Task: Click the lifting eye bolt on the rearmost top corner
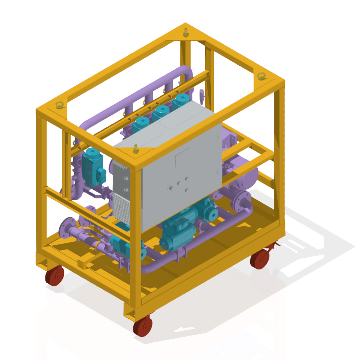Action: (186, 32)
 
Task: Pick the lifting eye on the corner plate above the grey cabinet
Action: (136, 149)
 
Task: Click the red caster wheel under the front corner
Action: (143, 325)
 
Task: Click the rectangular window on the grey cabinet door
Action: (183, 157)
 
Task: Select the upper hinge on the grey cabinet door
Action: (217, 138)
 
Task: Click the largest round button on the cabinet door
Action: (171, 187)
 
